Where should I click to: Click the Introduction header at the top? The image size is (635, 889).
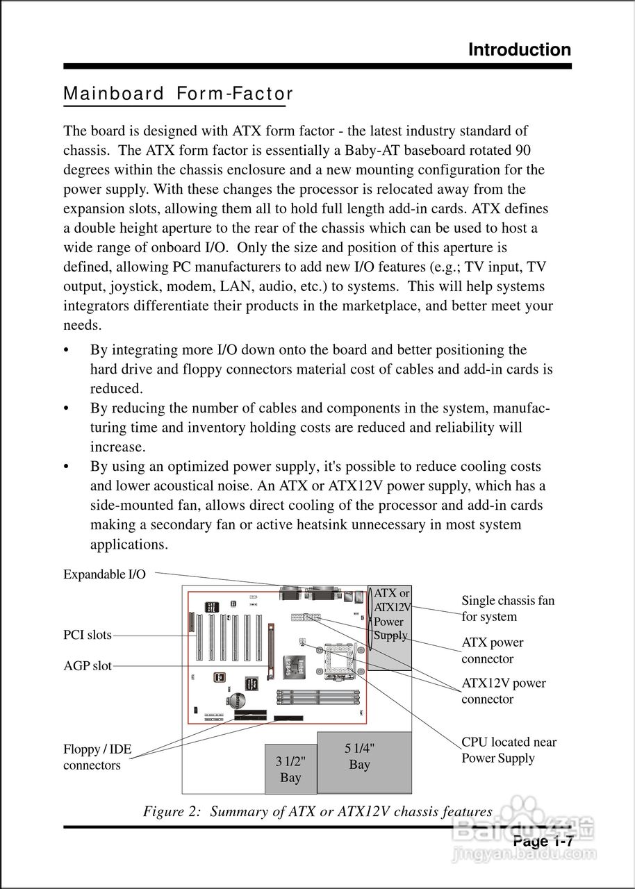click(520, 50)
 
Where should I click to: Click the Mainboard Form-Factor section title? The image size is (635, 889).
click(178, 94)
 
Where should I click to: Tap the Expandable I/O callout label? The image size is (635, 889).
click(105, 574)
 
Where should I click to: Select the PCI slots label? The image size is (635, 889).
click(88, 635)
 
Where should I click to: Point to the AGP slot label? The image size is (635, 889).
click(88, 666)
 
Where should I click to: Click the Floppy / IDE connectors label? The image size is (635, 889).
click(97, 758)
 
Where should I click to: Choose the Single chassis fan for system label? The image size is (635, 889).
click(508, 608)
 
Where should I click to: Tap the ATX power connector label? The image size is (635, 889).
click(493, 651)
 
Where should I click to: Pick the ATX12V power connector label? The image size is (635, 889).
click(504, 691)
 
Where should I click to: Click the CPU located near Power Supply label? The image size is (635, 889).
click(509, 750)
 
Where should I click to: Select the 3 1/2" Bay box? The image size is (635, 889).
click(290, 769)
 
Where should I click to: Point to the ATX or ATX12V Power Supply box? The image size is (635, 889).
click(391, 625)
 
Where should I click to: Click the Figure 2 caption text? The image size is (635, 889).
click(317, 811)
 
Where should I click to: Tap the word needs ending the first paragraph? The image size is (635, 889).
click(82, 325)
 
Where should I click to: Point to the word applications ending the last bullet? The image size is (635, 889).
click(129, 544)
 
